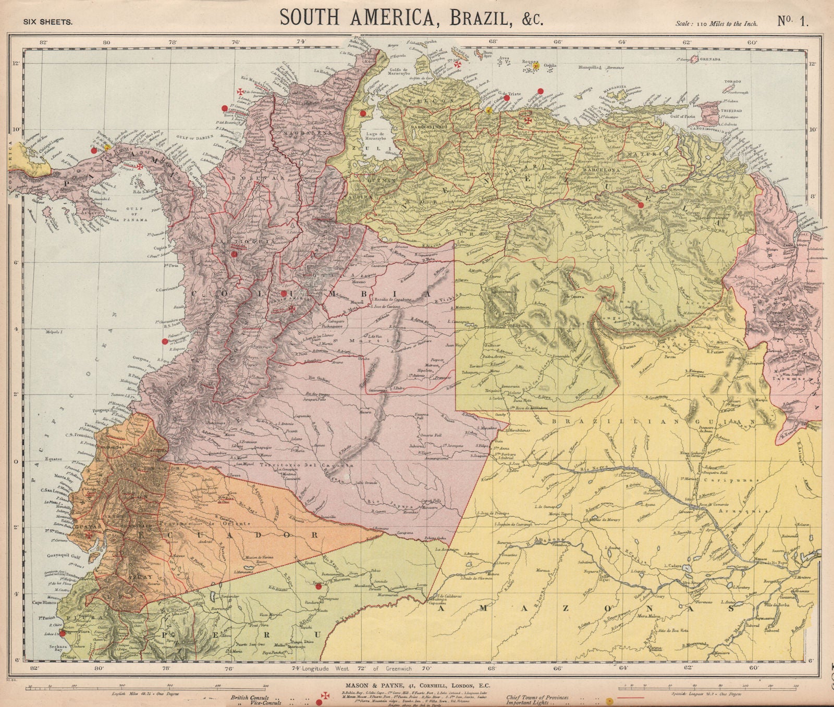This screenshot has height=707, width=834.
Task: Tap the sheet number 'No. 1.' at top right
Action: [793, 21]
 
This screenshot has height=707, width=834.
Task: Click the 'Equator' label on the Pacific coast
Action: [54, 460]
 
